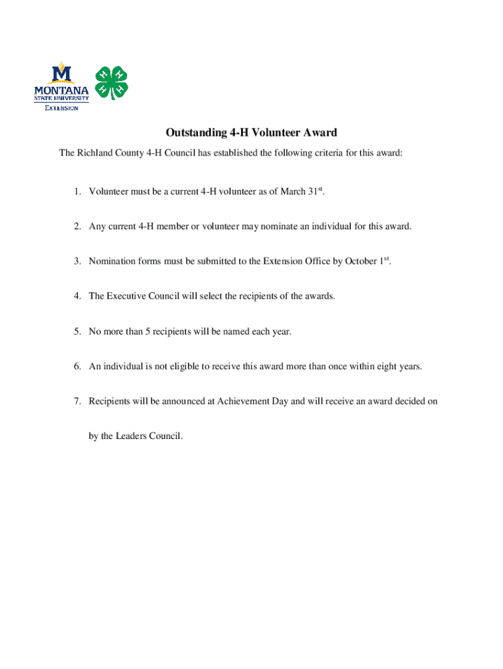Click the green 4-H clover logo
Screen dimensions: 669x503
pos(112,82)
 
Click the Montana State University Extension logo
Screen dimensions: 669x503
pos(61,86)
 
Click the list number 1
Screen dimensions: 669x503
pos(76,191)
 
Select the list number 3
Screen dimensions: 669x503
pos(76,261)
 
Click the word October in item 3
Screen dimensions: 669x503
pos(361,261)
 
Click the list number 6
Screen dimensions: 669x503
pos(76,367)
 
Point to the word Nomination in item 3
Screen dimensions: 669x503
pos(112,261)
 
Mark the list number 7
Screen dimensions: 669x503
pos(76,401)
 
